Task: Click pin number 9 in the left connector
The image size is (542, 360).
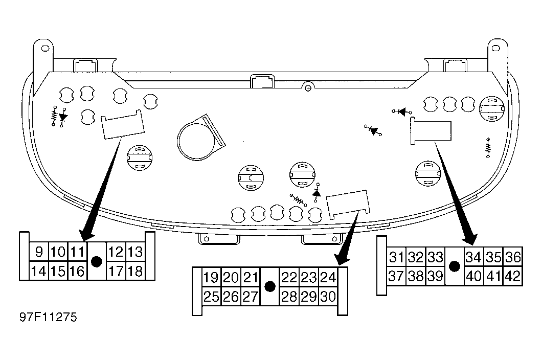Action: tap(39, 252)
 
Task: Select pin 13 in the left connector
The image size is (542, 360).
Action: tap(135, 252)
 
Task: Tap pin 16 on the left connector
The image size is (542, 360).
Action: tap(77, 271)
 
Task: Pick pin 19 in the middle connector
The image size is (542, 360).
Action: tap(211, 277)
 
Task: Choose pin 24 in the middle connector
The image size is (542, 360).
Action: tap(328, 277)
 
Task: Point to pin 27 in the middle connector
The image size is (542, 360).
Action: tap(250, 297)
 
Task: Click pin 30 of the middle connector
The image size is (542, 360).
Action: tap(328, 297)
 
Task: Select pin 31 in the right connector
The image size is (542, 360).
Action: tap(396, 257)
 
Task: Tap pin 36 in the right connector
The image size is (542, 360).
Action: tap(513, 257)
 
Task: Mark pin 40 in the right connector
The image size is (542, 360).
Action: tap(474, 276)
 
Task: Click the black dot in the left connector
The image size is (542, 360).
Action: tap(97, 261)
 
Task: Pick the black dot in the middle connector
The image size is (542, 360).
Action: tap(269, 286)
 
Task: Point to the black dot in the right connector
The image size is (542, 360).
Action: tap(455, 266)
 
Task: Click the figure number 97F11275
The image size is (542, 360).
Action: tap(48, 317)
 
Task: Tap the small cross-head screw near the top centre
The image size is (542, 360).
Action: tap(308, 88)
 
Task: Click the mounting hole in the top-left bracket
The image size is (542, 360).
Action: tap(45, 48)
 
